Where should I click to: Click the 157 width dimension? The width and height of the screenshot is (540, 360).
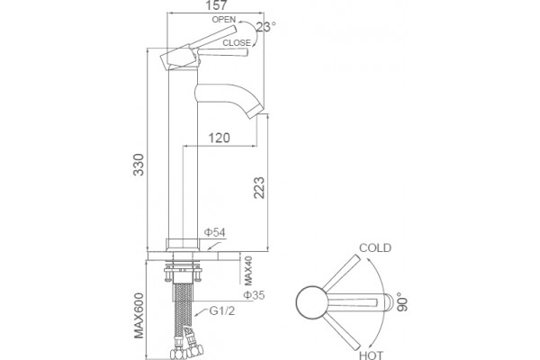click(216, 5)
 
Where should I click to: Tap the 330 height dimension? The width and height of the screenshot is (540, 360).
click(139, 165)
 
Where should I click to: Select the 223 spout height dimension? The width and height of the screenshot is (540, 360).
click(259, 188)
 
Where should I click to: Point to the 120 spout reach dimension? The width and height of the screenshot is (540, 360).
click(219, 138)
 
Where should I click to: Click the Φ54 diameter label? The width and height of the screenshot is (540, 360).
click(214, 232)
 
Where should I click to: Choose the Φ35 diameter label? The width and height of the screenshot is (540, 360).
click(254, 295)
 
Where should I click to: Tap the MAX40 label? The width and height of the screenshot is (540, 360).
click(248, 271)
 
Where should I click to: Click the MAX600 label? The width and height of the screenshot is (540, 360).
click(139, 316)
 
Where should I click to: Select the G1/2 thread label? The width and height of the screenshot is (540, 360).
click(222, 310)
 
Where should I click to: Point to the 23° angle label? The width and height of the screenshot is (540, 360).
click(265, 27)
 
